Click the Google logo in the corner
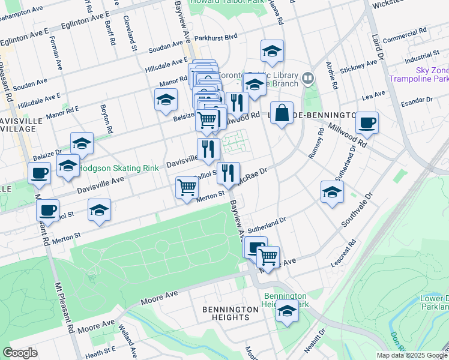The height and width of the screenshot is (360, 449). point(20,353)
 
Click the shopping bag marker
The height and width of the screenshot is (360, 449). point(282,113)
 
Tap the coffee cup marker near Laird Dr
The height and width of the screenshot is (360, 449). point(367,123)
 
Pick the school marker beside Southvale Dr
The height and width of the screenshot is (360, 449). point(331,192)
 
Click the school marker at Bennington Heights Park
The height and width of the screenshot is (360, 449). point(288,311)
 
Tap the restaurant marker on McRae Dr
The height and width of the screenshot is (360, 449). point(228,173)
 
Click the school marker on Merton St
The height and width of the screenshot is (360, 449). point(99,210)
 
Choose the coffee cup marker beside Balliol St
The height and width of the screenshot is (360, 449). point(47,211)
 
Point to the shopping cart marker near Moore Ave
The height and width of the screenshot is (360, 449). point(268,257)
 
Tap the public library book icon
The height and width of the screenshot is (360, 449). point(308,78)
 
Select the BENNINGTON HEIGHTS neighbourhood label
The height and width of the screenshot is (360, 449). point(231,313)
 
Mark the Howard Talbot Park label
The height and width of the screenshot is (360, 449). point(219,3)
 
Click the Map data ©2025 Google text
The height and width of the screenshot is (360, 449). point(412,355)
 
